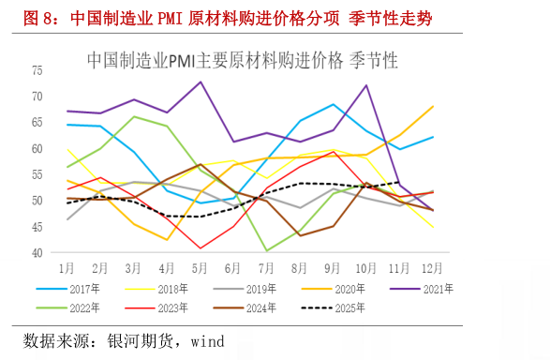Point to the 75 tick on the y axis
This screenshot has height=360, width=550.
point(37,70)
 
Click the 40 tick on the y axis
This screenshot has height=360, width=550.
point(37,253)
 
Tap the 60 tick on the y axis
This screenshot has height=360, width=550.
point(37,148)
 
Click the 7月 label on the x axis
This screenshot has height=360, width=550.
point(267,267)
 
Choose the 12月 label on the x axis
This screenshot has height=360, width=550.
point(433,267)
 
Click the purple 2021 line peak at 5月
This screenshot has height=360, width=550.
point(201,82)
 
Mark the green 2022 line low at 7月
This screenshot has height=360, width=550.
point(267,250)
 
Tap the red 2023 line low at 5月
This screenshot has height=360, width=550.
point(201,248)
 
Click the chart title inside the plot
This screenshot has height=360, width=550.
point(242,60)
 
